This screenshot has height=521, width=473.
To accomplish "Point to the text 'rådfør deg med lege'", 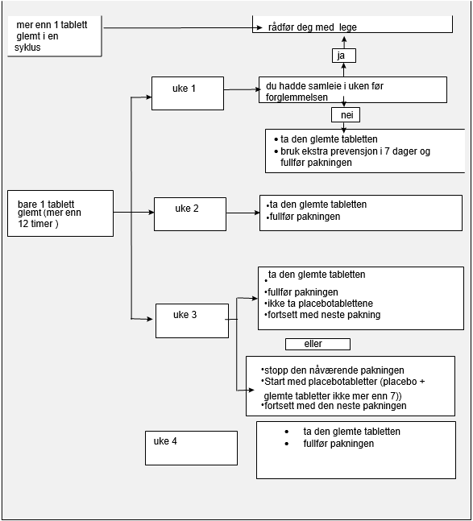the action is (312, 27).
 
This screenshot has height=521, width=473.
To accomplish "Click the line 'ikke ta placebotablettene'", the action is (320, 304).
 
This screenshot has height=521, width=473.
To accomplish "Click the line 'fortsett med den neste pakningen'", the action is (335, 406).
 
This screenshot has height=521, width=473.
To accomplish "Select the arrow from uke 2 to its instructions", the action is (243, 213).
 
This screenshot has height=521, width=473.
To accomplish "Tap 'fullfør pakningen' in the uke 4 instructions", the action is (338, 444).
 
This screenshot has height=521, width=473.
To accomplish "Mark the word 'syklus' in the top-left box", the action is (27, 48).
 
